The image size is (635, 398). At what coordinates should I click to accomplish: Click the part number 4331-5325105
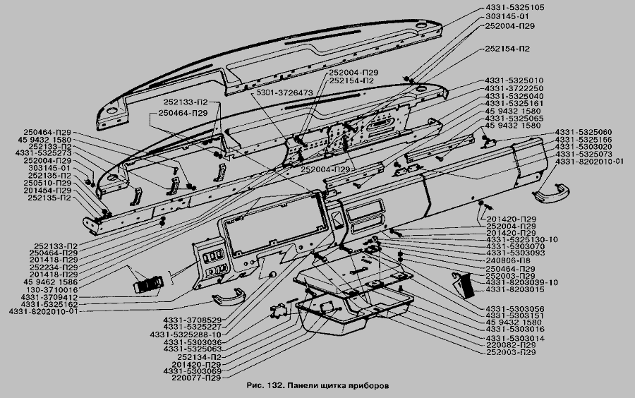pos(515,7)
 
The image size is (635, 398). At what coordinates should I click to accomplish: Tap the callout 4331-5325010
pos(514,80)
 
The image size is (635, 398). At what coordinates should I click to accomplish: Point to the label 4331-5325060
pos(583,133)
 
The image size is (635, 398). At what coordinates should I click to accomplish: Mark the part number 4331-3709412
pos(49,297)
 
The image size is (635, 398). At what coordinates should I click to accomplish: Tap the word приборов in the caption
pos(368,387)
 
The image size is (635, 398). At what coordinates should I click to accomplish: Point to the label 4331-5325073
pos(583,154)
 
